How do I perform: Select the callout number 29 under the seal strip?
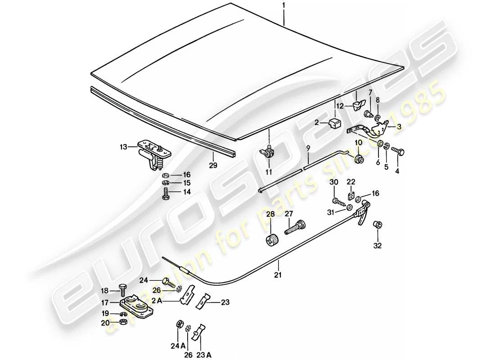click(213, 165)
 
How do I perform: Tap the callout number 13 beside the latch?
click(123, 146)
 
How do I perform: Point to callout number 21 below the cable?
click(278, 275)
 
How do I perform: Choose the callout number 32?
click(377, 246)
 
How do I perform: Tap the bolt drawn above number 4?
click(397, 151)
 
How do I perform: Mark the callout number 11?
click(269, 171)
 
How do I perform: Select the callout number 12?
click(341, 106)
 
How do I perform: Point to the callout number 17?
click(104, 303)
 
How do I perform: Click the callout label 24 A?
click(177, 346)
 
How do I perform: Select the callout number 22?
click(351, 181)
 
